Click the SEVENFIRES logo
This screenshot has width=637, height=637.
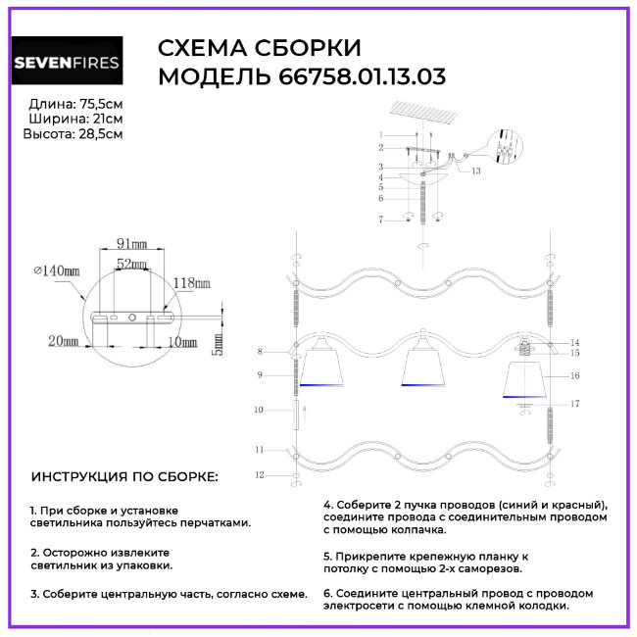[x=67, y=65]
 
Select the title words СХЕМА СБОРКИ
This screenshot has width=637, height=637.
[x=260, y=49]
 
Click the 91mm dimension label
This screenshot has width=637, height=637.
[x=131, y=242]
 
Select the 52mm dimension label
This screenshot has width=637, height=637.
[x=131, y=265]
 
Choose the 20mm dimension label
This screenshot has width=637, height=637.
[x=62, y=340]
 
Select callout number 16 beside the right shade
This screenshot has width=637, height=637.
[x=575, y=374]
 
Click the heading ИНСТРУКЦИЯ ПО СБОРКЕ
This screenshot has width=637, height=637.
[x=125, y=476]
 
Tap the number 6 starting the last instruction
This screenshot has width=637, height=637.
[x=327, y=593]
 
